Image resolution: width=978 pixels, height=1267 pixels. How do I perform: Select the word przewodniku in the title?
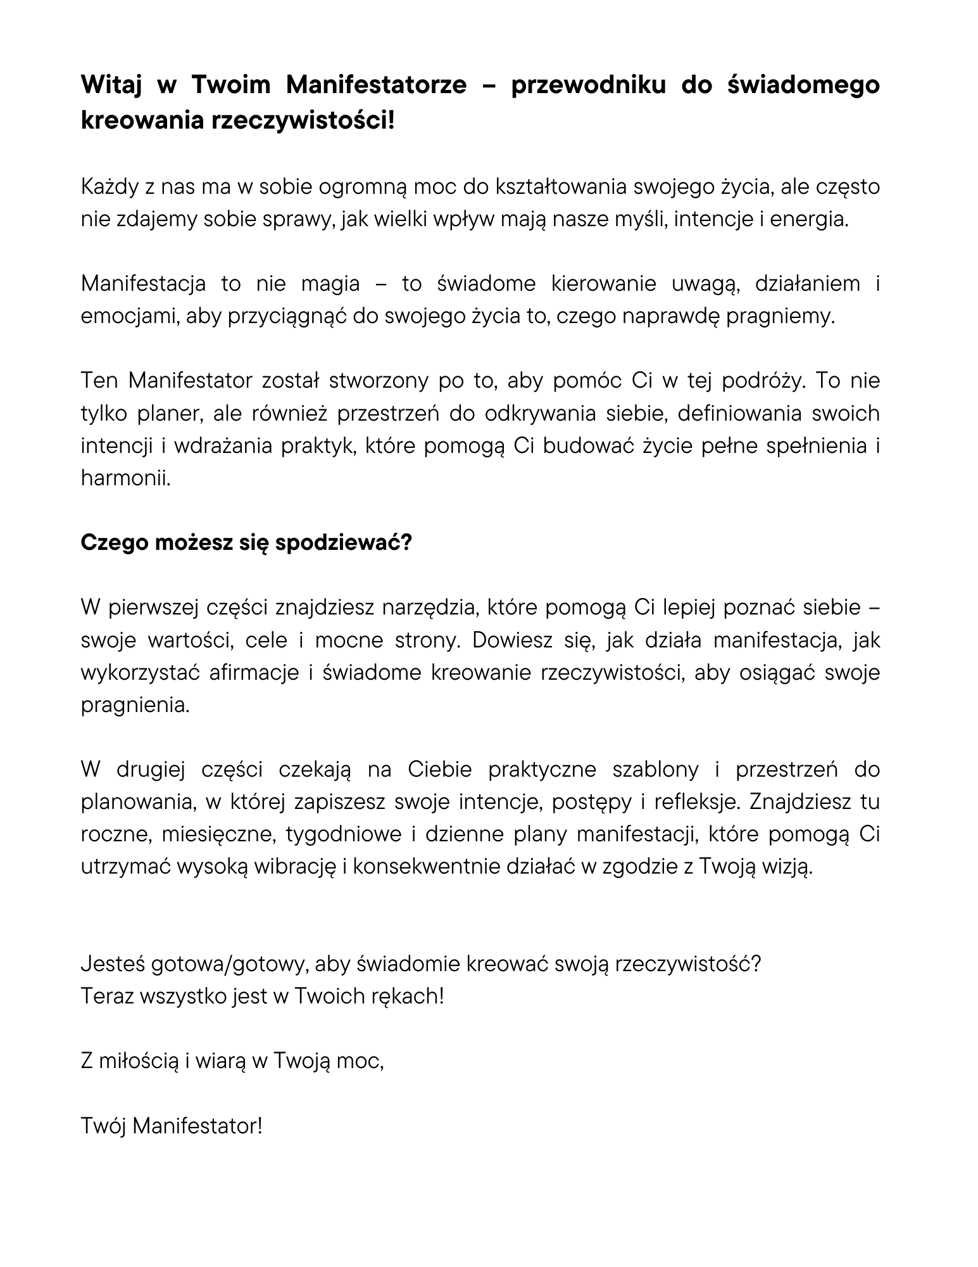[x=588, y=85]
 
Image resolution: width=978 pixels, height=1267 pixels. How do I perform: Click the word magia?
[x=330, y=284]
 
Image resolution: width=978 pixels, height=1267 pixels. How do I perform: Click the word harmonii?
[x=126, y=478]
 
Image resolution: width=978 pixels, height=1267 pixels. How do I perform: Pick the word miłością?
[x=140, y=1061]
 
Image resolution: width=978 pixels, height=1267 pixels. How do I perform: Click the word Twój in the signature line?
[x=103, y=1126]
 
